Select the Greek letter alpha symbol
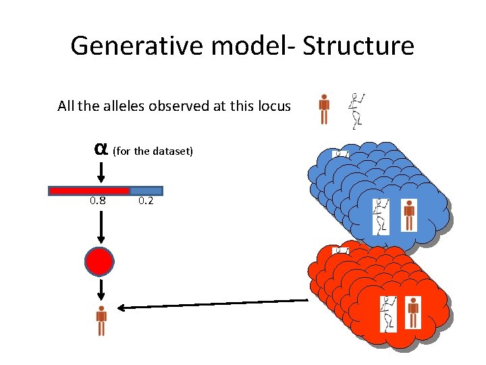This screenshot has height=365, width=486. click(101, 148)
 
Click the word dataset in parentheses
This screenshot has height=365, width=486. click(175, 151)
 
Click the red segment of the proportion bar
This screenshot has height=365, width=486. click(89, 191)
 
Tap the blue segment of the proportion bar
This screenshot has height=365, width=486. click(146, 191)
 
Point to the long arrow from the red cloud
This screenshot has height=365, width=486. click(209, 304)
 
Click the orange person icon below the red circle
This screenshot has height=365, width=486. click(101, 321)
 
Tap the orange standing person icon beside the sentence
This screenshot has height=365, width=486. click(324, 109)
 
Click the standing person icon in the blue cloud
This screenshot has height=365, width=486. click(409, 214)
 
